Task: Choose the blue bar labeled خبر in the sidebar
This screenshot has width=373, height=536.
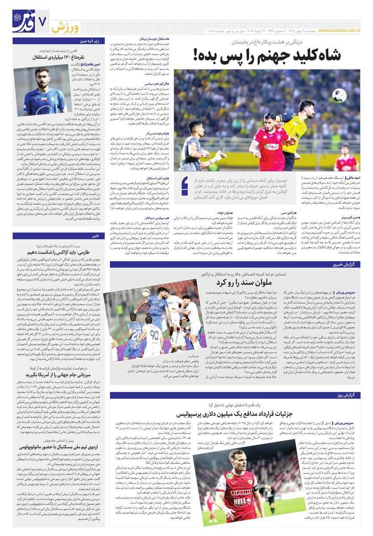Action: tap(95, 236)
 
